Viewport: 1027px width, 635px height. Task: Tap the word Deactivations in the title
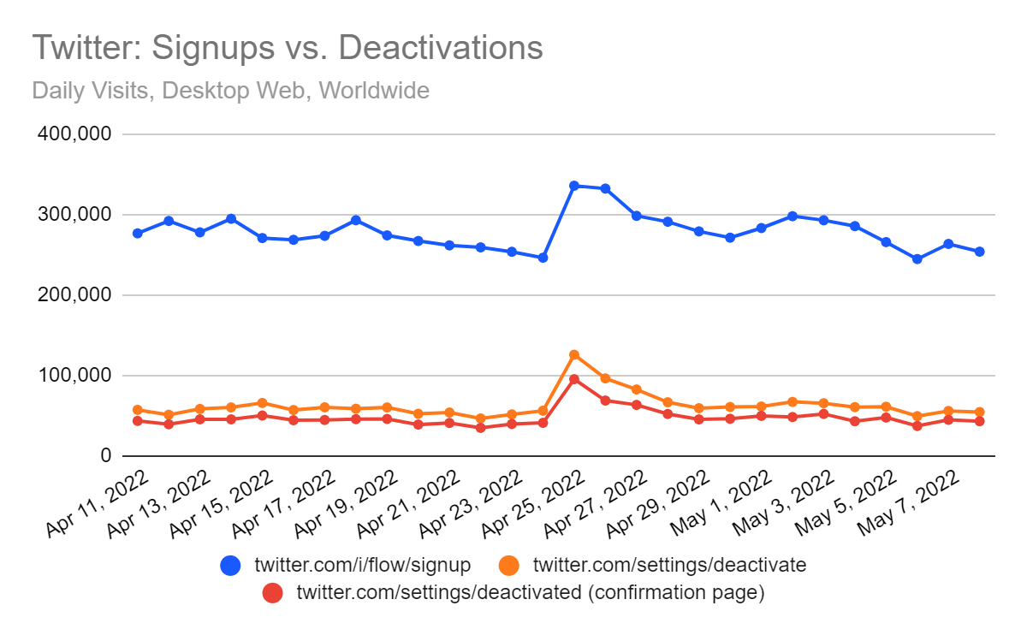pyautogui.click(x=441, y=47)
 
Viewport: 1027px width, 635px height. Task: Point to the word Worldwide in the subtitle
pyautogui.click(x=374, y=90)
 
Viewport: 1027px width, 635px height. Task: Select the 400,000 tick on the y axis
pyautogui.click(x=74, y=134)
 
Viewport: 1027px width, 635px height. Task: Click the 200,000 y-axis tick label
pyautogui.click(x=74, y=294)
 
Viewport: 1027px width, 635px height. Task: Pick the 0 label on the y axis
pyautogui.click(x=106, y=456)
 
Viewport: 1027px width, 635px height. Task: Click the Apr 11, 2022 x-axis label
pyautogui.click(x=98, y=503)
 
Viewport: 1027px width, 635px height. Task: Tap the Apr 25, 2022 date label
pyautogui.click(x=533, y=503)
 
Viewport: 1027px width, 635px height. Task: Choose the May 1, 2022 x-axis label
pyautogui.click(x=721, y=503)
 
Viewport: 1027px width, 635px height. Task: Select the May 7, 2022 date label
pyautogui.click(x=908, y=503)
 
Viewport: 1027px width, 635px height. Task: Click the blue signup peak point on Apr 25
pyautogui.click(x=574, y=186)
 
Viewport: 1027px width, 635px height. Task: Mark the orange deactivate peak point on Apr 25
pyautogui.click(x=574, y=355)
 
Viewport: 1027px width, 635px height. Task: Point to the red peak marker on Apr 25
pyautogui.click(x=574, y=379)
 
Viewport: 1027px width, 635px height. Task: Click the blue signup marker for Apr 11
pyautogui.click(x=138, y=234)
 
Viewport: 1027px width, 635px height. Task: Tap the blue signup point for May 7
pyautogui.click(x=948, y=244)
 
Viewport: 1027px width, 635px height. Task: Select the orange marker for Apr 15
pyautogui.click(x=262, y=403)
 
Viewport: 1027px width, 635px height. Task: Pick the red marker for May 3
pyautogui.click(x=824, y=414)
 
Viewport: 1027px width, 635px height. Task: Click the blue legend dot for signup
pyautogui.click(x=230, y=565)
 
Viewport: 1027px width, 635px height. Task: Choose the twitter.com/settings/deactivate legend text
pyautogui.click(x=669, y=565)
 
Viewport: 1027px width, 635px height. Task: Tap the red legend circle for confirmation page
pyautogui.click(x=273, y=592)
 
